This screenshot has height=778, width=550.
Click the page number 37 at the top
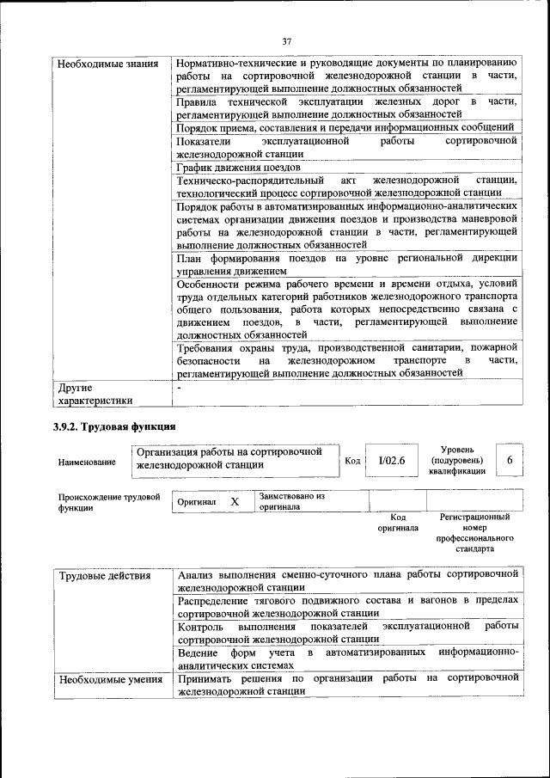287,40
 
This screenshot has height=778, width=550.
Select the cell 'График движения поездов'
238,167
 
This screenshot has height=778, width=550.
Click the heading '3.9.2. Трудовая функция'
116,426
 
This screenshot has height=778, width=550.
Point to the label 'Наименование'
87,463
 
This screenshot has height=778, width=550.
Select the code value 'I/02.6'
391,461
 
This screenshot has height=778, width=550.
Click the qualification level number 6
510,461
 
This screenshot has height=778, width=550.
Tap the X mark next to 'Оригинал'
235,501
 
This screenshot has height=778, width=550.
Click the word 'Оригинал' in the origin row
196,501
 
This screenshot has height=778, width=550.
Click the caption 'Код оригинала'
397,523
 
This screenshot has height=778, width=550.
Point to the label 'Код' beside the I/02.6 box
352,461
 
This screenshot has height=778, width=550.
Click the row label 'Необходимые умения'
109,680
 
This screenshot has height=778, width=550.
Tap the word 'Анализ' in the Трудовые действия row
198,574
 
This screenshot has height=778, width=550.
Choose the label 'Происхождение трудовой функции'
96,502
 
